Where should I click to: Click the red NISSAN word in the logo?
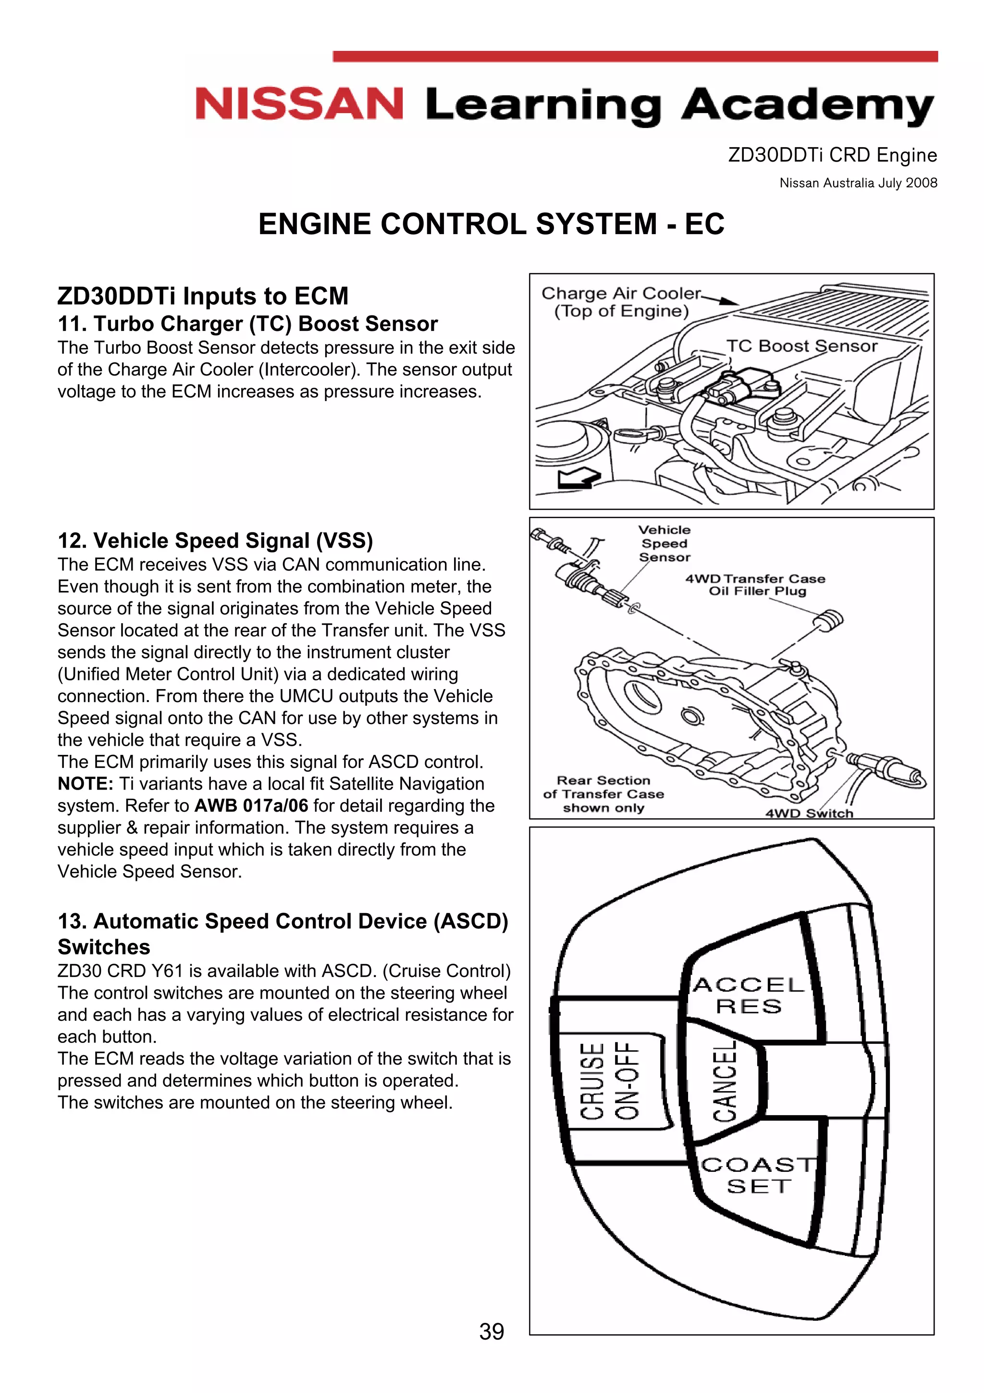click(299, 104)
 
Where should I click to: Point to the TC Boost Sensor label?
click(801, 346)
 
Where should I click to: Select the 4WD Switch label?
click(809, 813)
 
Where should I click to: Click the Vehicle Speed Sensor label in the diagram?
click(664, 543)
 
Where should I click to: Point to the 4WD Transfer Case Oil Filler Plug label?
click(755, 584)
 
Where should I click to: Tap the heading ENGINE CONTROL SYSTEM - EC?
click(491, 224)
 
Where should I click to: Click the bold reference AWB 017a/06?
click(251, 806)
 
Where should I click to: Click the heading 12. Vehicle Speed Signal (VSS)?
click(215, 540)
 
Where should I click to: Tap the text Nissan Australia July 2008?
click(858, 183)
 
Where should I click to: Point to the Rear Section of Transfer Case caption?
click(603, 793)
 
